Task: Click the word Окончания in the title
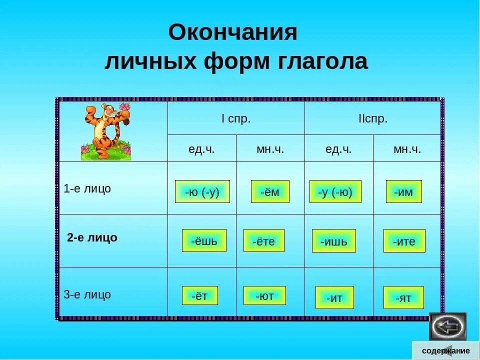(232, 33)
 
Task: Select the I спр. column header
(235, 119)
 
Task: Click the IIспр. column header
(373, 119)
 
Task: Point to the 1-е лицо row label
(87, 189)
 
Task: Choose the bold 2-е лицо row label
(92, 237)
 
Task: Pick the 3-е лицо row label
(87, 294)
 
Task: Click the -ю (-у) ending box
(202, 191)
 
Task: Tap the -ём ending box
(270, 191)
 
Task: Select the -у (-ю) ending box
(335, 191)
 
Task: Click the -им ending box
(403, 191)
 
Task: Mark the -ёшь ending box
(204, 240)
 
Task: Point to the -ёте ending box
(263, 241)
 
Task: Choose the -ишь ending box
(333, 241)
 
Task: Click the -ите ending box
(404, 241)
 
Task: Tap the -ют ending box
(264, 295)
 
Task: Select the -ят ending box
(403, 297)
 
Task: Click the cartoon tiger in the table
(106, 131)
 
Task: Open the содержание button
(445, 350)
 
